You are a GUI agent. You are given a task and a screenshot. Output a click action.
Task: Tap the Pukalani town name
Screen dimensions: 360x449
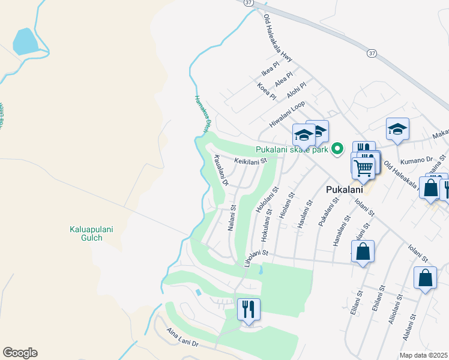coord(344,190)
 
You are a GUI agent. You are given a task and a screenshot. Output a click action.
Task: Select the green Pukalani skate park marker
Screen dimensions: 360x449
coord(338,149)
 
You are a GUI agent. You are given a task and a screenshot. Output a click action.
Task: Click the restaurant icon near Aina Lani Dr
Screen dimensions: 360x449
coord(249,310)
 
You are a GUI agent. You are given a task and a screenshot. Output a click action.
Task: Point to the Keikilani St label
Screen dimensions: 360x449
coord(250,161)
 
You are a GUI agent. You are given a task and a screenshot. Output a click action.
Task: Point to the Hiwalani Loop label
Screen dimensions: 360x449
coord(288,112)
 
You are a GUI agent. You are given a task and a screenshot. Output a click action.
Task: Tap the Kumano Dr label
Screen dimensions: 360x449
coord(419,160)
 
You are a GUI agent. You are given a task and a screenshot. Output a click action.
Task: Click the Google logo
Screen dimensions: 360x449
coord(20,353)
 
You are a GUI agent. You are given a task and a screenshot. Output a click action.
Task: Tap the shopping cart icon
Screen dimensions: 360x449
coord(363,167)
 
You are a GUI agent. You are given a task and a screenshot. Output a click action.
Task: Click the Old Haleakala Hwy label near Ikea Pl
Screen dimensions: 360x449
coord(277,38)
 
